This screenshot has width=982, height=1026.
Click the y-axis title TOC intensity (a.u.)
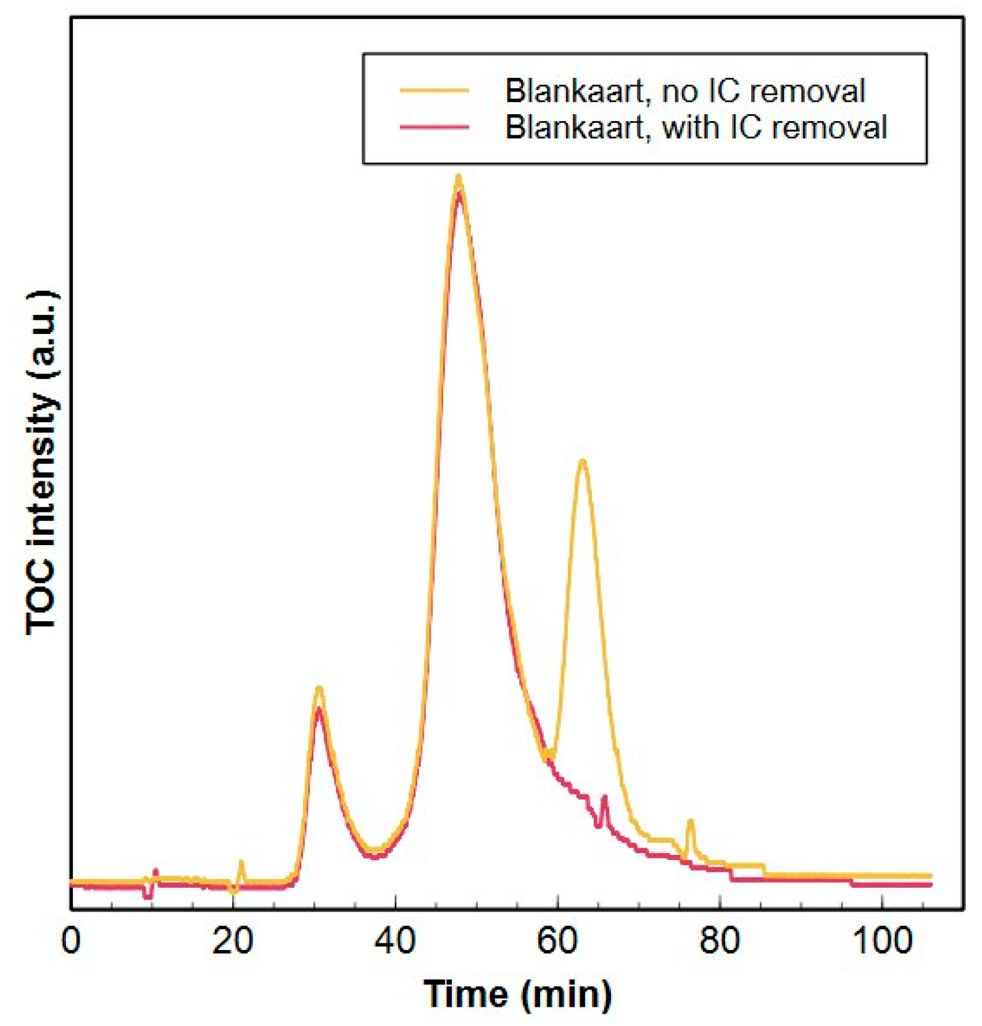coord(43,462)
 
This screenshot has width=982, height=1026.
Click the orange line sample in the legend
coord(435,91)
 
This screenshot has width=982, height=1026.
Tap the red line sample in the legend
coord(435,127)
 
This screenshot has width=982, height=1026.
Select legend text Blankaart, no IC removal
coord(684,91)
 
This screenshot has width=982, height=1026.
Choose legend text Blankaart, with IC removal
coord(696,127)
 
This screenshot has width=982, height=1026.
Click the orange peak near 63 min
coord(582,461)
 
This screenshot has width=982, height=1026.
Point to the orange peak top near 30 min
coord(319,688)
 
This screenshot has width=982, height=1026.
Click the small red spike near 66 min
coord(604,798)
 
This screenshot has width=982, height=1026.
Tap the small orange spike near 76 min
coord(691,822)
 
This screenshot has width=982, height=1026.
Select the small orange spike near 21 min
coord(241,863)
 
